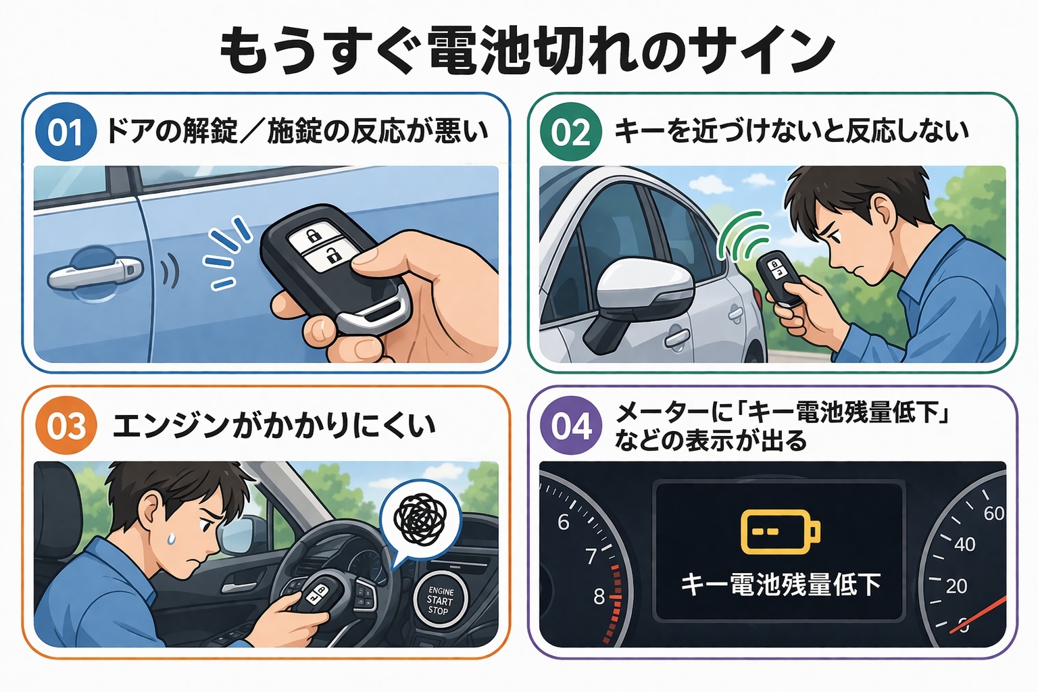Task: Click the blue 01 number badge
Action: tap(66, 132)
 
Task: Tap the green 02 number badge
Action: tap(571, 132)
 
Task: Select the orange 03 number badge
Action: tap(66, 426)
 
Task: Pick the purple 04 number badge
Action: tap(571, 426)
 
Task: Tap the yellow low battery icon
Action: tap(781, 532)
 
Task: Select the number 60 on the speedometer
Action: tap(993, 514)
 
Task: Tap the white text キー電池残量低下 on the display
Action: tap(781, 585)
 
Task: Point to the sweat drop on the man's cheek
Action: tap(171, 537)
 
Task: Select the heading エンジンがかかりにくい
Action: tap(274, 426)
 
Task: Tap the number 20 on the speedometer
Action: tap(956, 587)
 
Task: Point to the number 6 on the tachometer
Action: tap(564, 522)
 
